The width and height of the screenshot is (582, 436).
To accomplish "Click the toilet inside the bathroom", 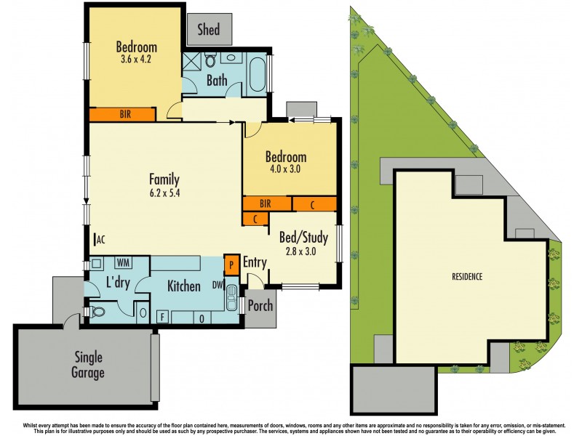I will point(210,57).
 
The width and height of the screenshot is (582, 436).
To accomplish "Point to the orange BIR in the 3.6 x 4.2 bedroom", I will point(122,114).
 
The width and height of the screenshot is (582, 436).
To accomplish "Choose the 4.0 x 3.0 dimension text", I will point(286,169).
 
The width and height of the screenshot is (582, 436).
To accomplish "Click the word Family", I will point(164,179).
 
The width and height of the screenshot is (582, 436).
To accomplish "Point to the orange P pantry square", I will point(231,263).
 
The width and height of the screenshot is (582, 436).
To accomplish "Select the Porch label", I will point(260,305).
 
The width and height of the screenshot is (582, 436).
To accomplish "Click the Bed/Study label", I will point(303,237).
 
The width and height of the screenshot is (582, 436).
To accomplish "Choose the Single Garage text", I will point(88,365).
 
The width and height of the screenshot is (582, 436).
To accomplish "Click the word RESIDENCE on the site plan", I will point(466,277).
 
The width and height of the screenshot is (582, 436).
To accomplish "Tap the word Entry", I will point(255,262).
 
